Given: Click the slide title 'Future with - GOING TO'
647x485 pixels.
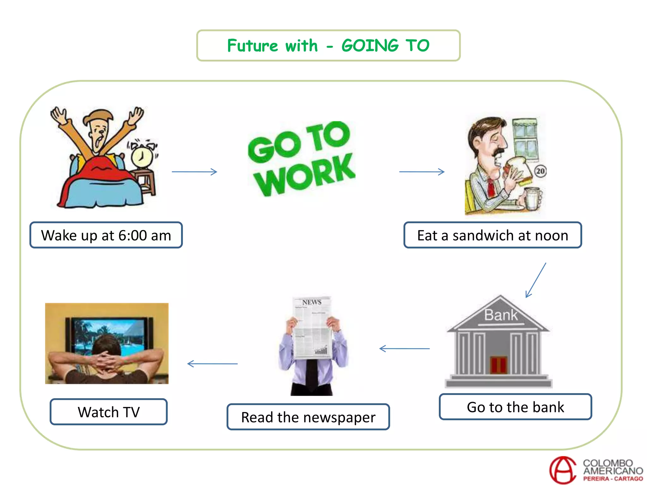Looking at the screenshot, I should tap(328, 45).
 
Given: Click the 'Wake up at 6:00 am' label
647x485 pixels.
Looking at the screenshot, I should tap(106, 235).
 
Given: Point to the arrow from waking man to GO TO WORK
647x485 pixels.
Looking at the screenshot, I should tap(194, 172).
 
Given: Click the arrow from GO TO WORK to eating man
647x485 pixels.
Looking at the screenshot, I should tap(422, 172).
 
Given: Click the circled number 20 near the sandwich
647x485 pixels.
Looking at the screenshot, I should tap(540, 171).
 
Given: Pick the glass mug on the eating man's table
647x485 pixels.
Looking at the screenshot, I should tap(532, 198).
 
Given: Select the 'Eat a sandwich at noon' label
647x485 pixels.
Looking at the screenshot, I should tap(493, 235).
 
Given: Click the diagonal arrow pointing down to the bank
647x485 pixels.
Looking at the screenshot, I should tap(535, 280).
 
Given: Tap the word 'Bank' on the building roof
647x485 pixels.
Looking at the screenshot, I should tap(501, 315).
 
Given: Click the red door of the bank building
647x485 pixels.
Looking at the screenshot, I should tap(498, 365).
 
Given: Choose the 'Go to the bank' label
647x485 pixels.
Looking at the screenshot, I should tap(515, 407).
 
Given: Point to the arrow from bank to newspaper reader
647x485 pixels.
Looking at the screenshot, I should tap(404, 349).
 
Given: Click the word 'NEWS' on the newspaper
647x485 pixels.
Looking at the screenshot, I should tap(311, 302).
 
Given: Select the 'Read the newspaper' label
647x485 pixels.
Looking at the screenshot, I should tap(308, 417).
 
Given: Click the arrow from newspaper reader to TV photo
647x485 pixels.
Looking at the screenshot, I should tap(212, 364).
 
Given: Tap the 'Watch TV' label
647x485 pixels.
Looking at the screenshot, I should tap(109, 412).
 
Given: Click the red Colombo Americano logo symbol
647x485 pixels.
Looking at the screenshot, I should tap(563, 470).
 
